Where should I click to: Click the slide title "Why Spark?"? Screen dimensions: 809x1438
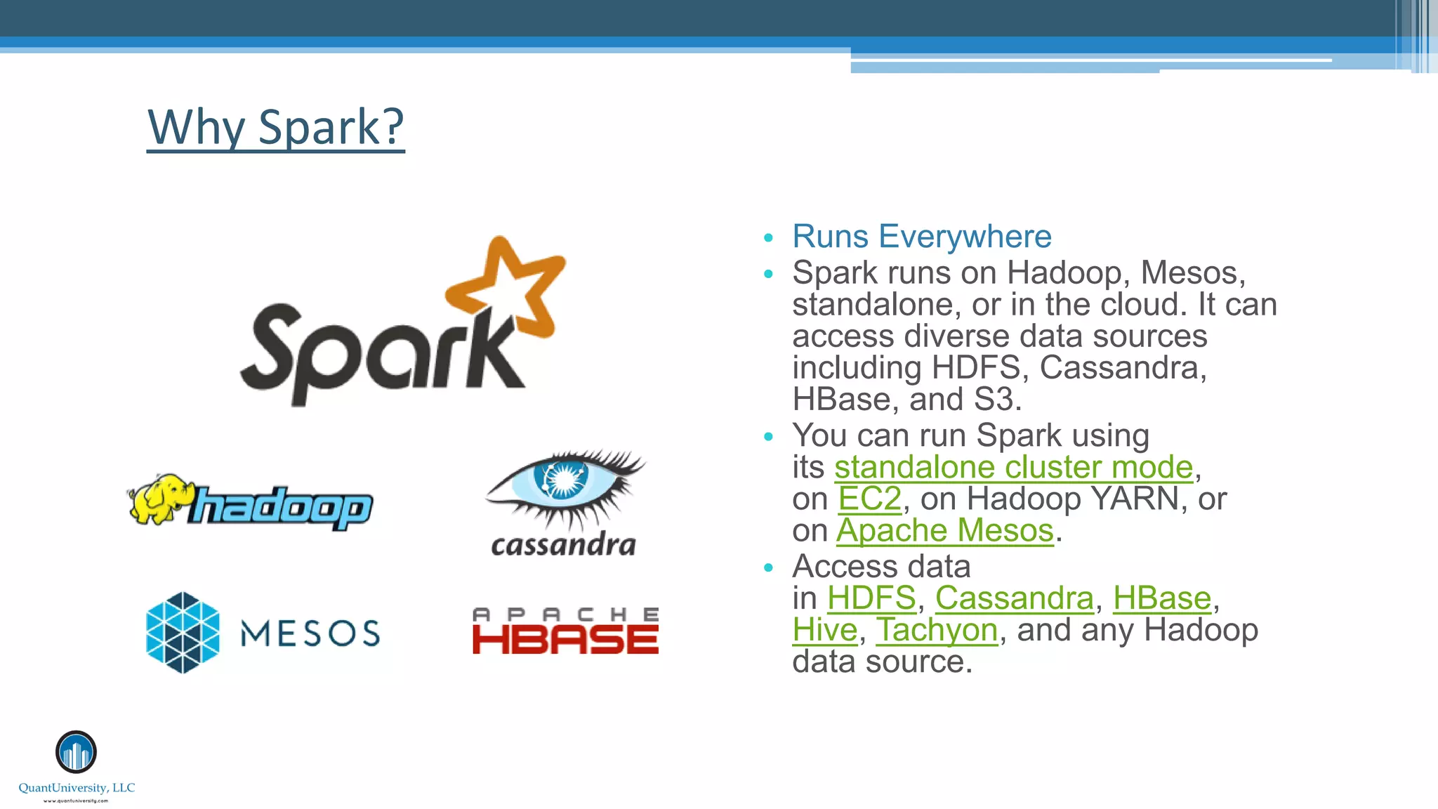(x=275, y=127)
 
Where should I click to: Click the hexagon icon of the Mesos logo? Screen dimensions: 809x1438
(x=183, y=632)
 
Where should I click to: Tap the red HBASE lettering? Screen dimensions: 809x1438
(x=565, y=640)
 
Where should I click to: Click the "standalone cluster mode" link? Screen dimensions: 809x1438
(x=1013, y=467)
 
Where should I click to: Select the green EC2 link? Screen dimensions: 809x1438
(x=869, y=499)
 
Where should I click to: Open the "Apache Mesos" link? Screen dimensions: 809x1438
(x=944, y=531)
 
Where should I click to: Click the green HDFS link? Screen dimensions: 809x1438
(x=871, y=598)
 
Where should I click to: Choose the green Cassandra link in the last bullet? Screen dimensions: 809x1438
(x=1014, y=598)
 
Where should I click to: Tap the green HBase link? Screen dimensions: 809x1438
(x=1162, y=598)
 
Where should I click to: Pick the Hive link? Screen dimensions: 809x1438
(x=825, y=630)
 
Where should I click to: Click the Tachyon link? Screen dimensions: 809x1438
(x=937, y=630)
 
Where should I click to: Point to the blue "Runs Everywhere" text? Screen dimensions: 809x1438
(x=921, y=237)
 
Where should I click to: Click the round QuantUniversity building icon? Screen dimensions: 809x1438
(x=76, y=752)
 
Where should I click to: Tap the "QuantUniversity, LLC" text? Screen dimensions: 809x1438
(x=77, y=788)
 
